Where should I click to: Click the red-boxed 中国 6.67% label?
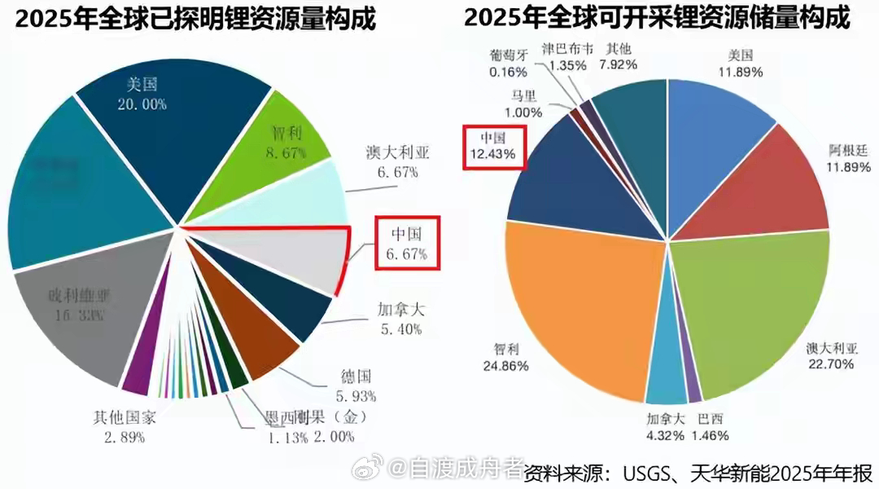(x=406, y=243)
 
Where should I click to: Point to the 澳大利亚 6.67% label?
(x=398, y=162)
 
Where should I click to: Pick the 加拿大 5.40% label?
(x=400, y=319)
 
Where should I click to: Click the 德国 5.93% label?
(x=356, y=386)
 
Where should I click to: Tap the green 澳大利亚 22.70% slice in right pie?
(x=749, y=310)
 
